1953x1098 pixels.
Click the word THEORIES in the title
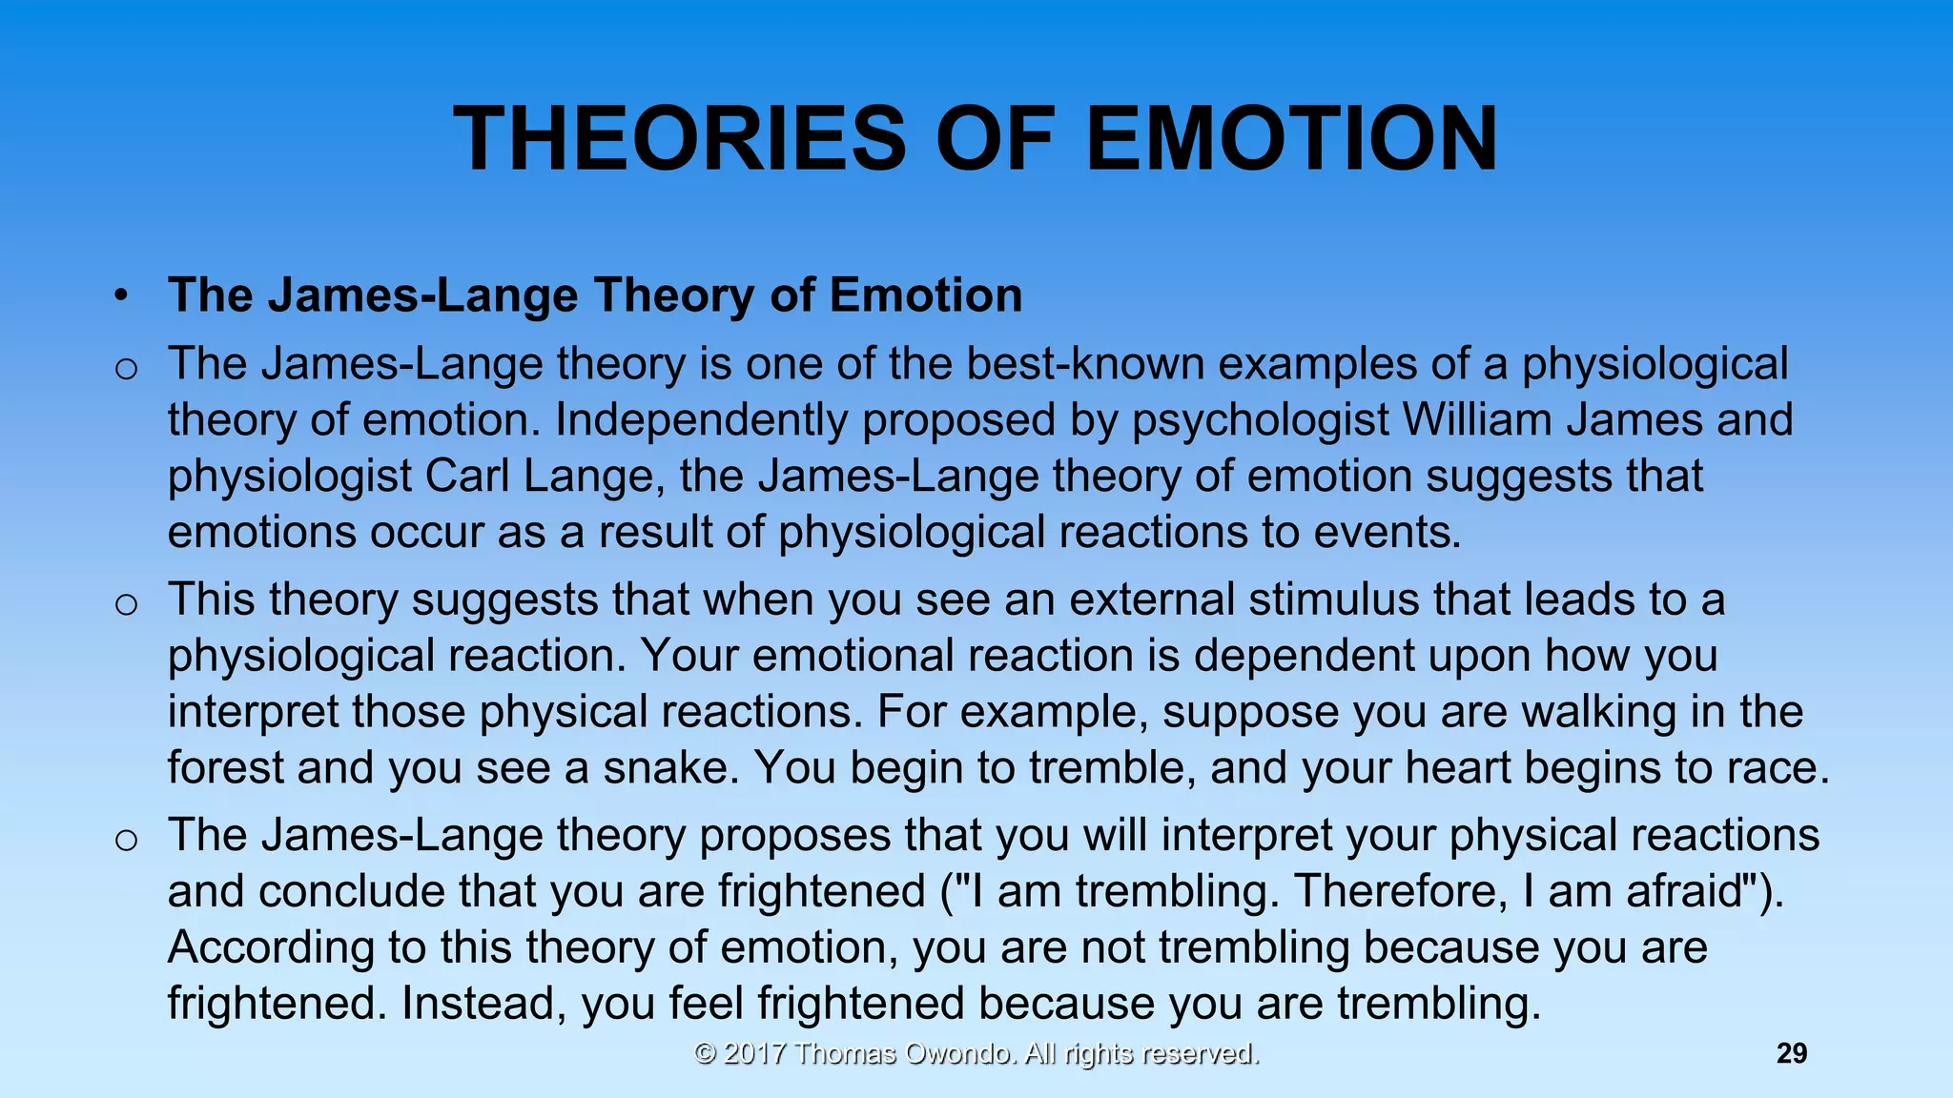tap(679, 139)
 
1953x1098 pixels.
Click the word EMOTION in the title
tap(1292, 139)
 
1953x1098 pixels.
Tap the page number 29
tap(1792, 1053)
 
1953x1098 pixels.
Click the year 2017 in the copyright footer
tap(754, 1053)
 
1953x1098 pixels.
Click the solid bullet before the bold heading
tap(120, 296)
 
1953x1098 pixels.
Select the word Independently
tap(701, 420)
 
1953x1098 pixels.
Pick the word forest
tap(225, 767)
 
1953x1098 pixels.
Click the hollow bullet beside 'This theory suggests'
tap(126, 603)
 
